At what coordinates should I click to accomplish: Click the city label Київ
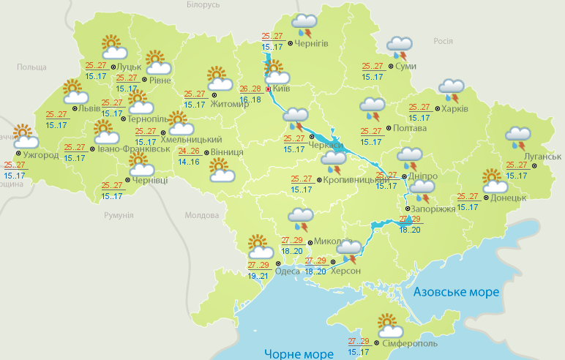click(282, 89)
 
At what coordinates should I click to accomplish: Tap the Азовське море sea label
click(456, 292)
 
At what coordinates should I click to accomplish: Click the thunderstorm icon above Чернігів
click(304, 26)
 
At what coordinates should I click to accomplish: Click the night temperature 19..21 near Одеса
click(258, 276)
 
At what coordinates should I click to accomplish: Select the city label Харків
click(454, 110)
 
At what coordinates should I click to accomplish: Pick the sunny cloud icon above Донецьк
click(494, 180)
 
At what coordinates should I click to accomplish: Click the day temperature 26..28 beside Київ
click(250, 89)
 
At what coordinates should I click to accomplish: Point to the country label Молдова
click(202, 216)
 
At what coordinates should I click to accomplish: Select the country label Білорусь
click(203, 5)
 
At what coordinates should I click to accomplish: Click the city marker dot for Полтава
click(388, 129)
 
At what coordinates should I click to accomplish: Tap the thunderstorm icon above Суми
click(399, 48)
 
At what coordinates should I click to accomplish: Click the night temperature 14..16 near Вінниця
click(189, 161)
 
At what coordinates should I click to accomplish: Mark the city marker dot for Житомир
click(214, 94)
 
